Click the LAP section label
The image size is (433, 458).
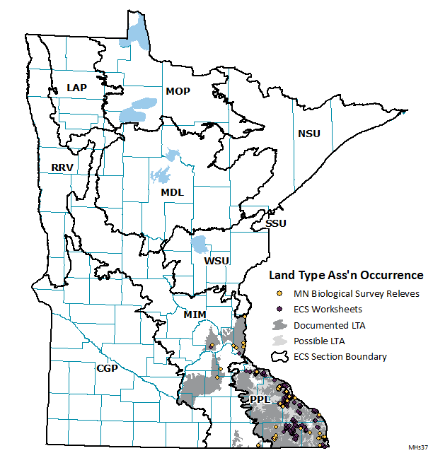coord(76,88)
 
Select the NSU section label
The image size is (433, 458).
coord(308,134)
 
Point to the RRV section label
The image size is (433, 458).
coord(64,168)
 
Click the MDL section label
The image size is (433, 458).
coord(172,192)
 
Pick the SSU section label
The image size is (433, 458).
coord(277,223)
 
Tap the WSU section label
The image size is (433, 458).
coord(216,261)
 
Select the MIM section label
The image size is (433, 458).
coord(194,313)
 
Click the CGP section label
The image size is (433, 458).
coord(108,368)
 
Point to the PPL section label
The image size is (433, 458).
coord(260,400)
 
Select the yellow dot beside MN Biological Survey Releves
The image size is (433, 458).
coord(279,293)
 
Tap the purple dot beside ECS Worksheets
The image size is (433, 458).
coord(279,309)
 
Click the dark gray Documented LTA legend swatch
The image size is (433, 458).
coord(280,325)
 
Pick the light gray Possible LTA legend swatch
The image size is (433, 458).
coord(280,341)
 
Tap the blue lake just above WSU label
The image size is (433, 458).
coord(200,245)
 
